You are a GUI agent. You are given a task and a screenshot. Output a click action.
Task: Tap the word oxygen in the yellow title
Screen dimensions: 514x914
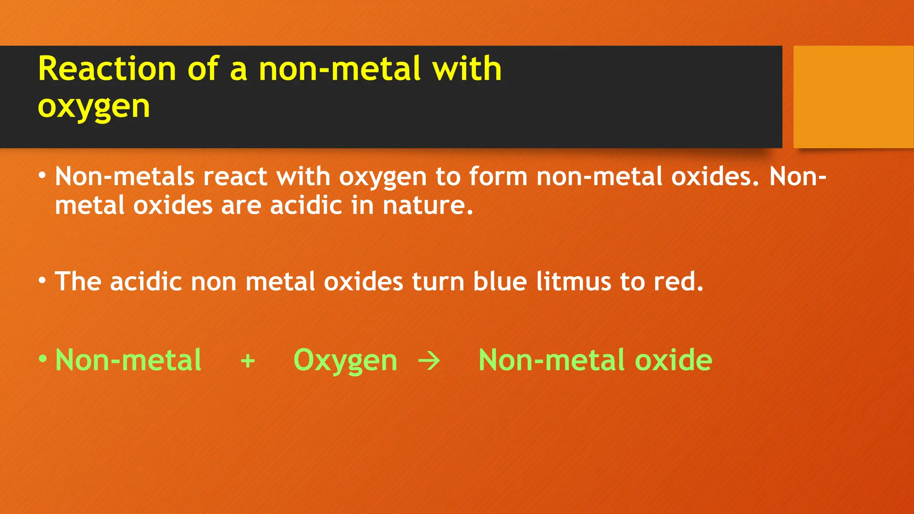pyautogui.click(x=94, y=107)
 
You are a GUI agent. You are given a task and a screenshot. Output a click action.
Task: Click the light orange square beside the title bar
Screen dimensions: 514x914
pyautogui.click(x=853, y=97)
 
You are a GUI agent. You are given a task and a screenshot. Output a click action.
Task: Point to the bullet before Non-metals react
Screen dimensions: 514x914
pyautogui.click(x=42, y=176)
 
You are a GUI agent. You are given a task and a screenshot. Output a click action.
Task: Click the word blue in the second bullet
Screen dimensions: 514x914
pyautogui.click(x=500, y=282)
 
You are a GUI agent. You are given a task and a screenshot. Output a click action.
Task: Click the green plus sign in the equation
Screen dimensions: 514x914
pyautogui.click(x=248, y=361)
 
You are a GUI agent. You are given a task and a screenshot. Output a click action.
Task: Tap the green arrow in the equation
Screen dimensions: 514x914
pyautogui.click(x=429, y=361)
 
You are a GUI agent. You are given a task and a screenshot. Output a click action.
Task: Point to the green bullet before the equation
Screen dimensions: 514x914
pyautogui.click(x=42, y=359)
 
